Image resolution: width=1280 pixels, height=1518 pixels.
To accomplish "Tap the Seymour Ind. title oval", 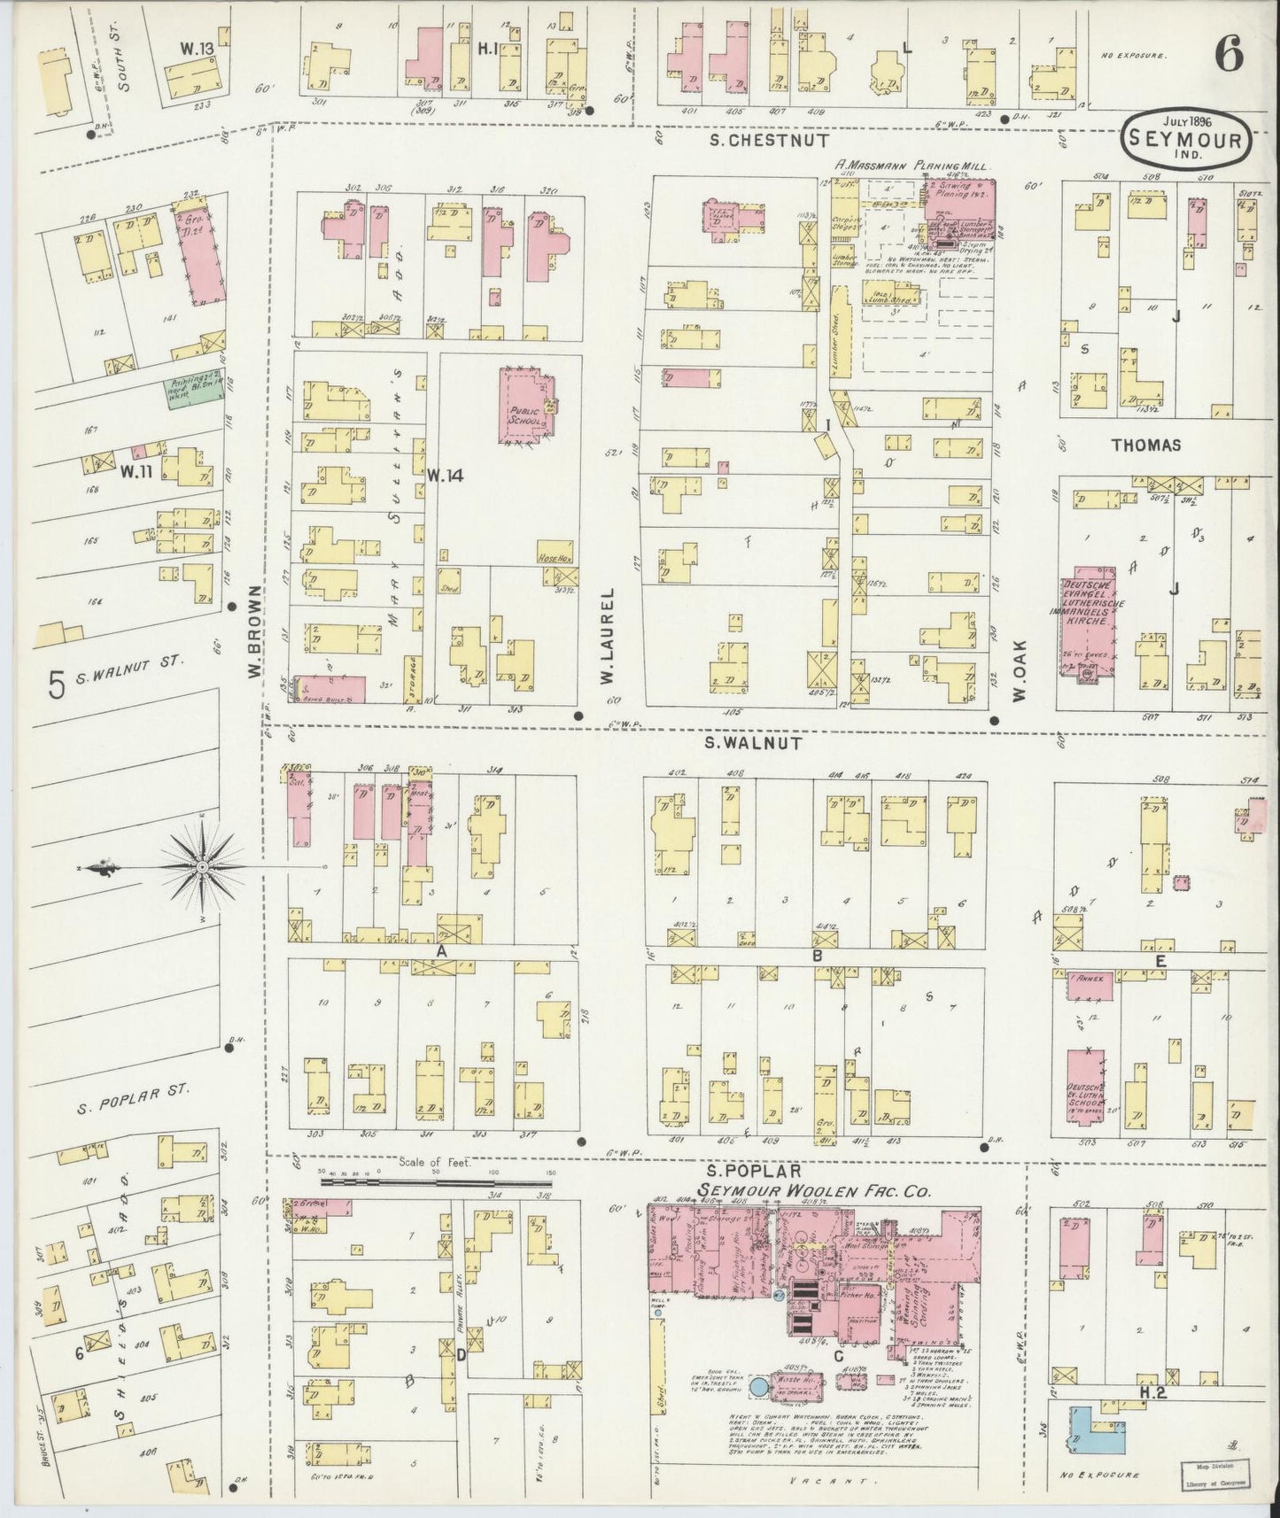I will [1187, 137].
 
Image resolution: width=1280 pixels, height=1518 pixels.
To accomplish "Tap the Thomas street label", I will [1148, 445].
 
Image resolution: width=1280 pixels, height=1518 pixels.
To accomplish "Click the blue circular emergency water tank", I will [759, 1408].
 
